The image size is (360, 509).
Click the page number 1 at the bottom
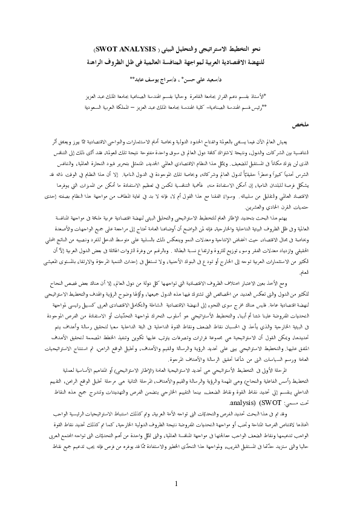pyautogui.click(x=176, y=484)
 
